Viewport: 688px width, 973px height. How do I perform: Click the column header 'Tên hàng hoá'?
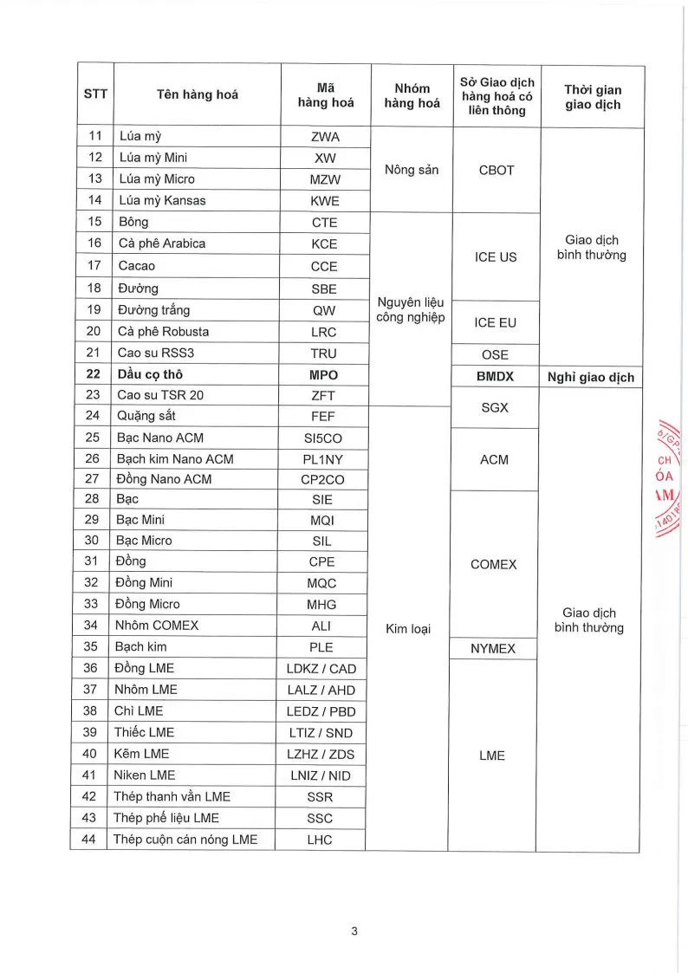coord(197,95)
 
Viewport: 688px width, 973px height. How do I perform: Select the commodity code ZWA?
coord(324,136)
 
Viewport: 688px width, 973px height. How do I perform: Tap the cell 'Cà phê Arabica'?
coord(162,243)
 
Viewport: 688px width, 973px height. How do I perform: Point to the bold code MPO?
coord(323,375)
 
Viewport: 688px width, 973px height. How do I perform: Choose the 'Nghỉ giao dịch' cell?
coord(591,377)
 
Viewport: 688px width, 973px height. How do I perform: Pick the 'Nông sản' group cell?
coord(412,170)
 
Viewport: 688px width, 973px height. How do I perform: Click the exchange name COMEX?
coord(493,564)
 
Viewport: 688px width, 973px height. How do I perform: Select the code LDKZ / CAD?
coord(321,668)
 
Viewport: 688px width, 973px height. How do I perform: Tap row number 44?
coord(89,839)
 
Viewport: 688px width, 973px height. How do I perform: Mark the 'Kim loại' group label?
coord(408,628)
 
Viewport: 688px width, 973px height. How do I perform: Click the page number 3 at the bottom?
coord(354,931)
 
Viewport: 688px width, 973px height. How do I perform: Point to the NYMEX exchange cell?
coord(493,648)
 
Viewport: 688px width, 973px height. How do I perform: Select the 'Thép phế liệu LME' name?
coord(166,818)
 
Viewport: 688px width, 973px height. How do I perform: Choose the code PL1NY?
coord(321,459)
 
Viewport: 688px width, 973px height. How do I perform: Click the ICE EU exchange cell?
coord(496,322)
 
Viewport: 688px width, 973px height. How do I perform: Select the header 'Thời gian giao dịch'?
coord(593,97)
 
